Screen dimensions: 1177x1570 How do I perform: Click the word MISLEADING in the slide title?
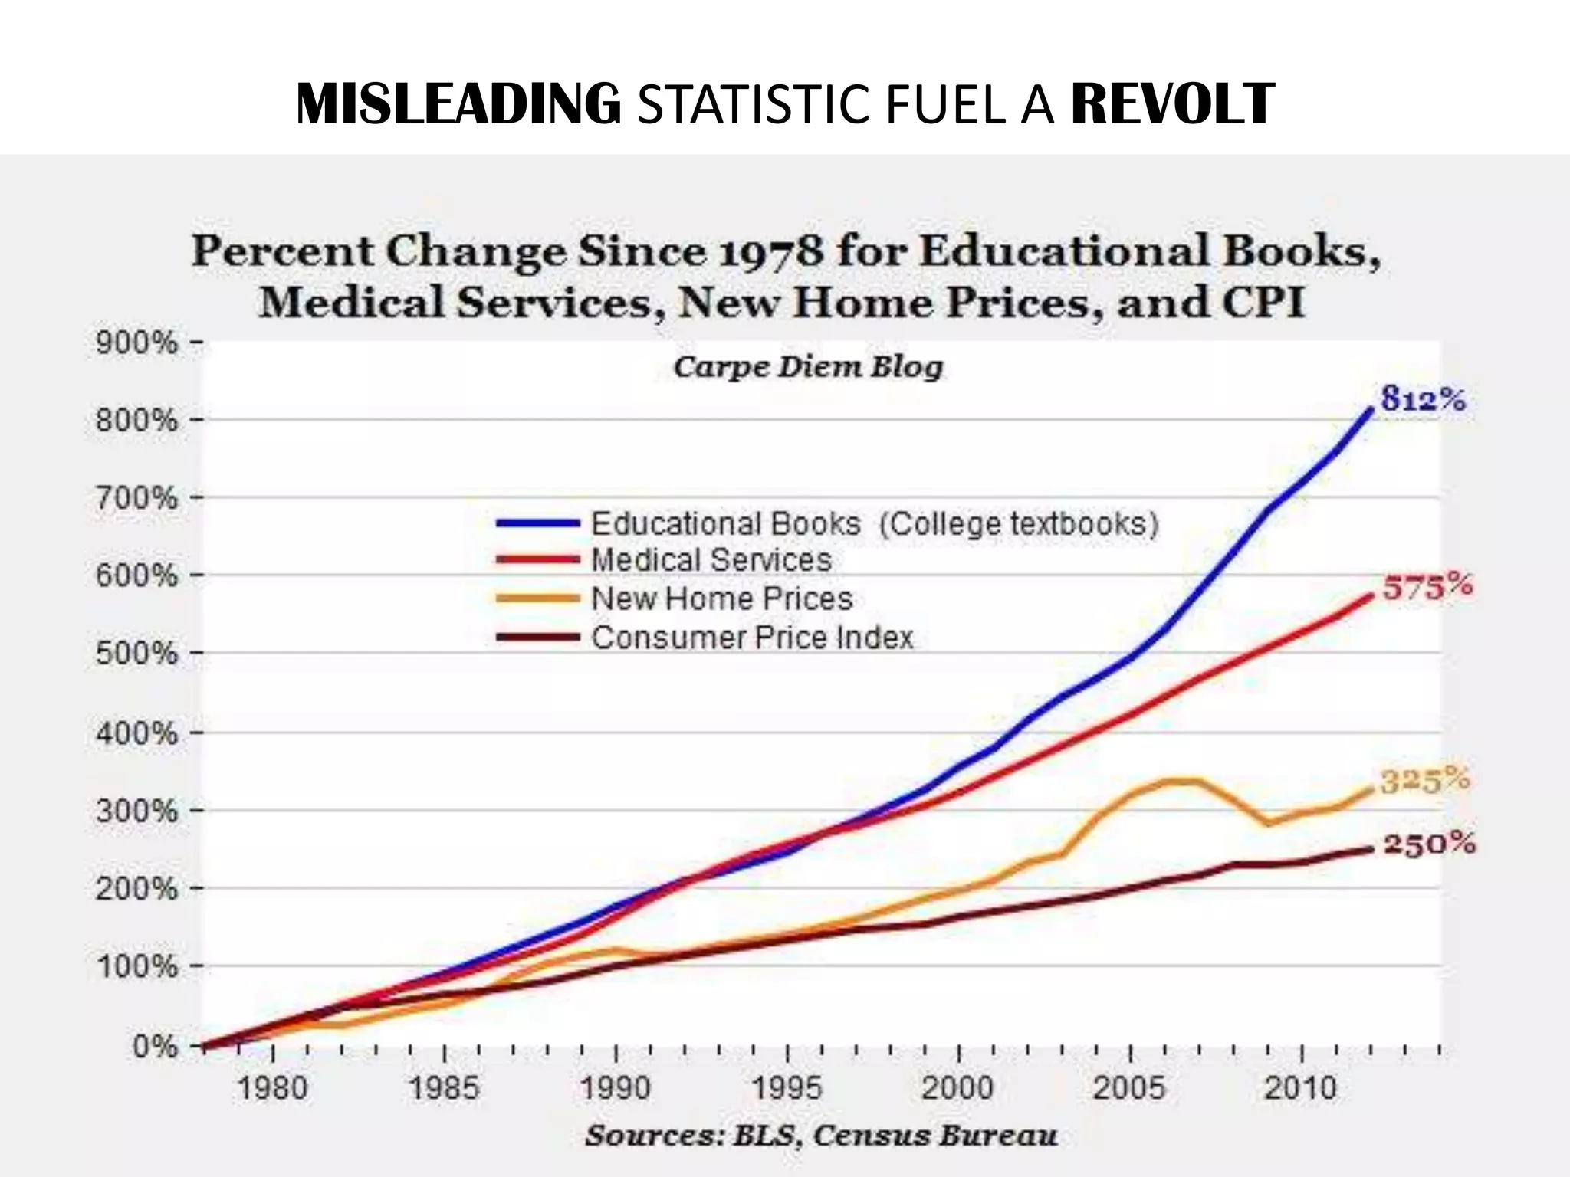tap(458, 104)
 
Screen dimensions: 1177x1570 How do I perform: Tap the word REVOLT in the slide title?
tap(1172, 104)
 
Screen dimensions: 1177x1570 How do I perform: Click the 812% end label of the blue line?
tap(1423, 399)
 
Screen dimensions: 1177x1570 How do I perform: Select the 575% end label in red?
tap(1427, 588)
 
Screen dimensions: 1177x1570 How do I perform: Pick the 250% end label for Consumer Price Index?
tap(1430, 844)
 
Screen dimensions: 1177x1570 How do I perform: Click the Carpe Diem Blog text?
tap(808, 367)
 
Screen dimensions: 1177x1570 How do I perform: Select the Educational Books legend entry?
tap(874, 524)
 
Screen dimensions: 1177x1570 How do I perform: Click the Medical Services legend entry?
tap(711, 560)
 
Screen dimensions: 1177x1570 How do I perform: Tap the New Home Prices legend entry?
tap(721, 598)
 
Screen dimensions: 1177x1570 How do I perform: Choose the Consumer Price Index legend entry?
tap(752, 638)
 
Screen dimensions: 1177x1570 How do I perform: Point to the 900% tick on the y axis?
tap(136, 343)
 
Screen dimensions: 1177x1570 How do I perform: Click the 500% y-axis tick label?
tap(136, 654)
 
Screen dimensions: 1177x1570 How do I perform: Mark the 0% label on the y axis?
tap(155, 1046)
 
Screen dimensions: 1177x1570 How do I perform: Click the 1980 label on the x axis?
tap(272, 1088)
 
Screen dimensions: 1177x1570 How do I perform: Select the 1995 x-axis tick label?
tap(787, 1088)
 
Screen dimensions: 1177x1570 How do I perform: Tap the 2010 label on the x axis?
tap(1300, 1088)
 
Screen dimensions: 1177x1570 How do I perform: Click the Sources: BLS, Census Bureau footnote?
tap(821, 1136)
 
